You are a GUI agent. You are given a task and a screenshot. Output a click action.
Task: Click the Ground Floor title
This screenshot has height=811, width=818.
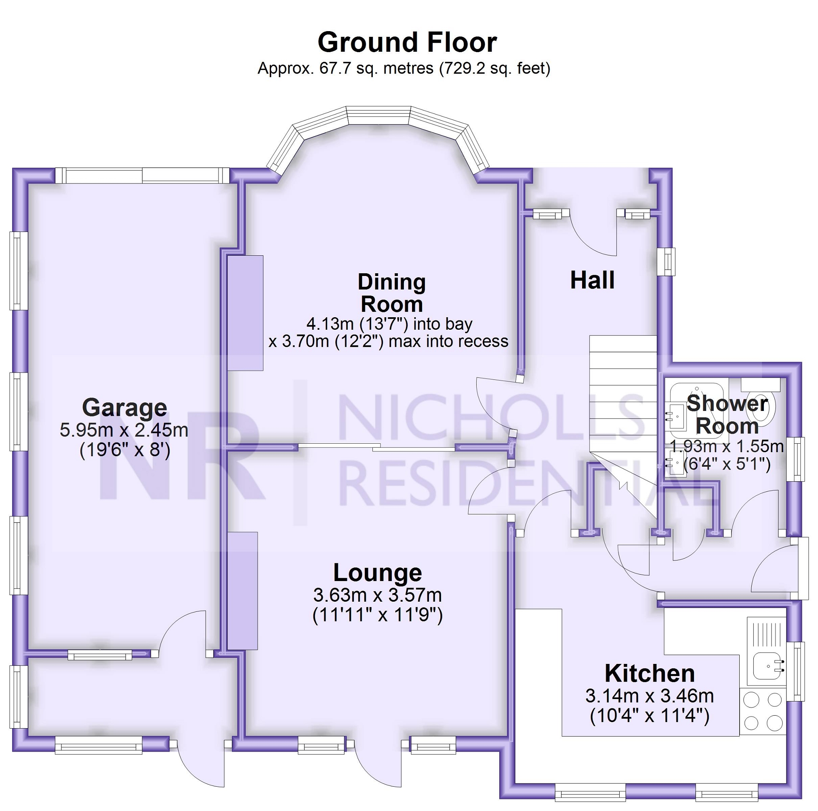(x=407, y=42)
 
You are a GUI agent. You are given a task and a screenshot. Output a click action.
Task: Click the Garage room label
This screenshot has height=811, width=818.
(x=124, y=407)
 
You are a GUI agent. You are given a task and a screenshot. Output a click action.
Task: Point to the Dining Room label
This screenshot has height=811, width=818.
(x=392, y=293)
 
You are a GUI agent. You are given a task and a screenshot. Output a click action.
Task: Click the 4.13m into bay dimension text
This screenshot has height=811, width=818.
(x=389, y=324)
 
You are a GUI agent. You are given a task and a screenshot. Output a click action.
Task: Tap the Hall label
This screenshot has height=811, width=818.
(x=592, y=280)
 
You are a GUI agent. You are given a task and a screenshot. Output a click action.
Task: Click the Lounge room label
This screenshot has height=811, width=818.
(x=377, y=573)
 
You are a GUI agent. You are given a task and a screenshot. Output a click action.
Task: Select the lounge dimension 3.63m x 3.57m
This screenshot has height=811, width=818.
(x=377, y=595)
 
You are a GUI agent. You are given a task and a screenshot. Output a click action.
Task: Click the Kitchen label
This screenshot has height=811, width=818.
(x=650, y=673)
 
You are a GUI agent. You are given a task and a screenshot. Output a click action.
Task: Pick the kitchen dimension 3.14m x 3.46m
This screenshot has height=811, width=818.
(x=650, y=696)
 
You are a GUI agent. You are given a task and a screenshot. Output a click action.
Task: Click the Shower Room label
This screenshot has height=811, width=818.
(x=727, y=415)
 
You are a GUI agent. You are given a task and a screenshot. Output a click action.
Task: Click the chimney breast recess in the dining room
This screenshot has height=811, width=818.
(x=245, y=313)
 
